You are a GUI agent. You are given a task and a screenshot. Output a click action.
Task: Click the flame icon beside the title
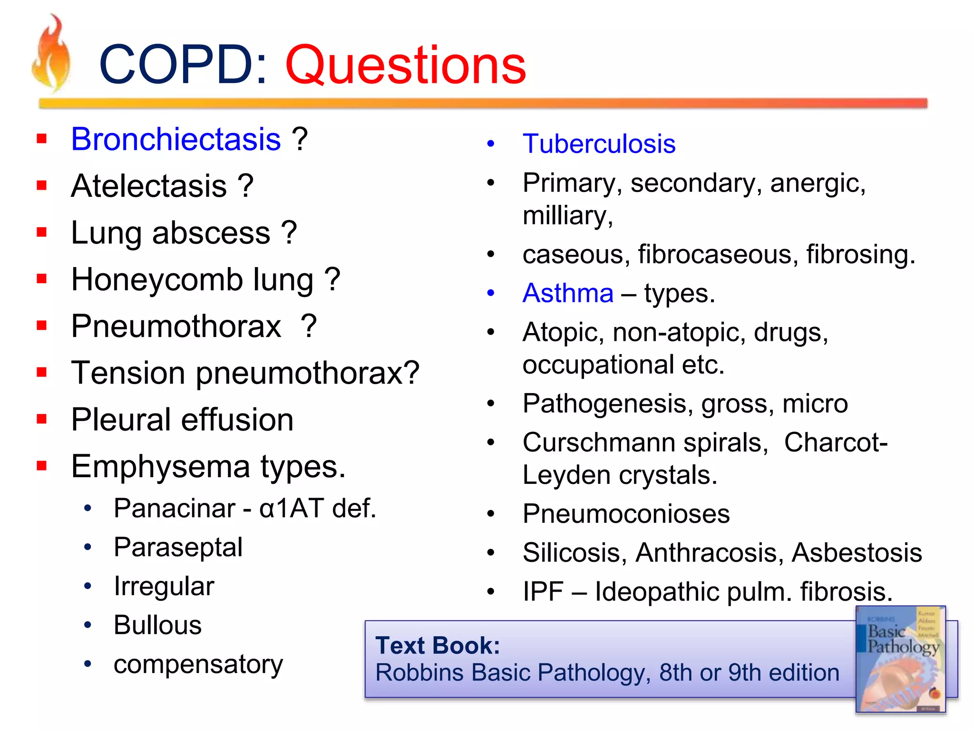[x=51, y=55]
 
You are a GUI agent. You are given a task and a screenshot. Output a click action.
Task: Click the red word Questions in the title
[x=405, y=65]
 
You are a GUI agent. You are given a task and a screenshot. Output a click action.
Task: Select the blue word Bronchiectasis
[x=175, y=139]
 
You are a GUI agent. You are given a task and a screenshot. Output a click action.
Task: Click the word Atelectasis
[x=148, y=186]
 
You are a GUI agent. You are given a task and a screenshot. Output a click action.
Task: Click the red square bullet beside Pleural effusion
[x=42, y=419]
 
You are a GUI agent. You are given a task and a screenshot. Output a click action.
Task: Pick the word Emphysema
[x=160, y=467]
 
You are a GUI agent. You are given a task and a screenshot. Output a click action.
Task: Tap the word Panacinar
[x=174, y=508]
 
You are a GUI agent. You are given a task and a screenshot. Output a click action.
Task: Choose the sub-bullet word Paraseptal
[x=178, y=547]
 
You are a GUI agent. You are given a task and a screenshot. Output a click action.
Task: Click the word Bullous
[x=157, y=625]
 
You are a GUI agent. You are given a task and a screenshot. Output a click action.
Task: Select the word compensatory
[x=198, y=664]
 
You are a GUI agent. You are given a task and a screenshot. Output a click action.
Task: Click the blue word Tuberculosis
[x=598, y=144]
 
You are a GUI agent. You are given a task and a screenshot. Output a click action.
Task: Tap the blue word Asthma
[x=568, y=293]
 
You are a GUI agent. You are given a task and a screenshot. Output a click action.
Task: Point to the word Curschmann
[x=598, y=442]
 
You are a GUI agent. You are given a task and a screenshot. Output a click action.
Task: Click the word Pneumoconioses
[x=626, y=514]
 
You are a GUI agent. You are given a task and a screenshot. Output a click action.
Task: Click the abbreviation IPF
[x=543, y=592]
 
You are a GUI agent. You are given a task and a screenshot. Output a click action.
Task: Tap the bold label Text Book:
[x=438, y=645]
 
